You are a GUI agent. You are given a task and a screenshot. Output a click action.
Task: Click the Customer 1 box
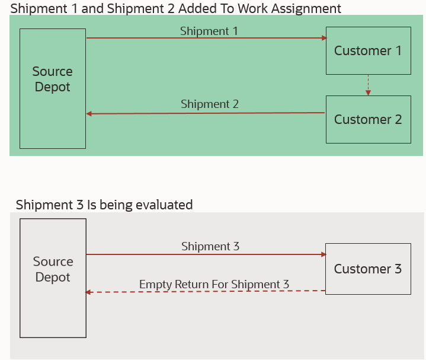pyautogui.click(x=368, y=50)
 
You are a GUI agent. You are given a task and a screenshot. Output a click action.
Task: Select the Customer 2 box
pyautogui.click(x=368, y=119)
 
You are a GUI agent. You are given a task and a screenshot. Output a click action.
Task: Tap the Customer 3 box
pyautogui.click(x=368, y=269)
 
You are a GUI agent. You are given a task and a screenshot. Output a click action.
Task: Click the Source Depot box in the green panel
pyautogui.click(x=52, y=88)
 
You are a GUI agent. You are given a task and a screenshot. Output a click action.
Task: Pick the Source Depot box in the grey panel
pyautogui.click(x=53, y=278)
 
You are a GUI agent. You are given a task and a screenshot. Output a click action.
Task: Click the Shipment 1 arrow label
pyautogui.click(x=209, y=31)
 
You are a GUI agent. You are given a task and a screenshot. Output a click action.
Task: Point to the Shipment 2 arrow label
pyautogui.click(x=210, y=104)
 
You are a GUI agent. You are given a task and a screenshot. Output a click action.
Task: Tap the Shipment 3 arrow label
pyautogui.click(x=210, y=246)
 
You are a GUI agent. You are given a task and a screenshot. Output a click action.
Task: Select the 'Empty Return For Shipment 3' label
pyautogui.click(x=214, y=285)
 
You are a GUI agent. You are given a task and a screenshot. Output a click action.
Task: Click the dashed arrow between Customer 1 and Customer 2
pyautogui.click(x=368, y=85)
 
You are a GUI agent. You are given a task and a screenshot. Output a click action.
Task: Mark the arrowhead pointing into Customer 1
pyautogui.click(x=323, y=38)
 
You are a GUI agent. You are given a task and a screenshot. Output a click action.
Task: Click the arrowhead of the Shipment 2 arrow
pyautogui.click(x=89, y=113)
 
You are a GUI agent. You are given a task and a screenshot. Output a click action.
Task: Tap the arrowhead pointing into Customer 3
pyautogui.click(x=323, y=254)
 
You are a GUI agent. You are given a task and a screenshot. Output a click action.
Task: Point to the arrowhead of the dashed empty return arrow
pyautogui.click(x=89, y=292)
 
